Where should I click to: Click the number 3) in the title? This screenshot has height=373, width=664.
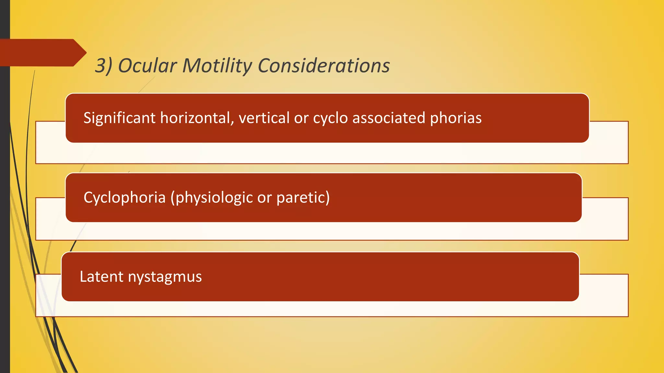pyautogui.click(x=103, y=66)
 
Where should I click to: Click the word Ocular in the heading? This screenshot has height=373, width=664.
pyautogui.click(x=147, y=66)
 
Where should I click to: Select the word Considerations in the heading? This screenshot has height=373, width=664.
pyautogui.click(x=324, y=66)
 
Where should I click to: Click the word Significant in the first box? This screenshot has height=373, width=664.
pyautogui.click(x=119, y=118)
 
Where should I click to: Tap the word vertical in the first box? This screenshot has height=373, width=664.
pyautogui.click(x=264, y=118)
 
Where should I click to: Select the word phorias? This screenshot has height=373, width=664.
pyautogui.click(x=456, y=118)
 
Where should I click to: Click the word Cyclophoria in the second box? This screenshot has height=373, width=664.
pyautogui.click(x=124, y=198)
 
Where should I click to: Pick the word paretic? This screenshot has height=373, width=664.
pyautogui.click(x=303, y=198)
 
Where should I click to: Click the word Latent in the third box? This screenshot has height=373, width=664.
pyautogui.click(x=101, y=277)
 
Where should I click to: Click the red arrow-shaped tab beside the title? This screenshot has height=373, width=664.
pyautogui.click(x=39, y=52)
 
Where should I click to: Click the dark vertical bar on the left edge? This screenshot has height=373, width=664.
pyautogui.click(x=5, y=194)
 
